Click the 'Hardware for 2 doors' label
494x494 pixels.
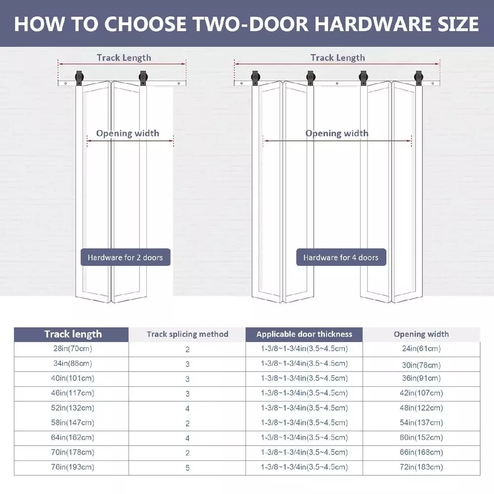pos(125,257)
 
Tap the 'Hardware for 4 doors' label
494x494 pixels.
pos(341,257)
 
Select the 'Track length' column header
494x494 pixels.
pos(73,334)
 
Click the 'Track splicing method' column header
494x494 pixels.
pos(187,334)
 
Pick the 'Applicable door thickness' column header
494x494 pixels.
pos(304,334)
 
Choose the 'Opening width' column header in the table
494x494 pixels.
pos(421,334)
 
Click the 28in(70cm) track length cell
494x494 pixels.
pos(73,348)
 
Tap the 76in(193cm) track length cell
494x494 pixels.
pos(73,467)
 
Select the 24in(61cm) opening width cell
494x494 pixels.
pos(421,348)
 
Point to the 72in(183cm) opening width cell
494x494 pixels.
pos(421,467)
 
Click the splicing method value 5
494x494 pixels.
pos(187,468)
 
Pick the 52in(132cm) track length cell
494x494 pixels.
pos(73,408)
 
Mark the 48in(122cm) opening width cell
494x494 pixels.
pos(421,408)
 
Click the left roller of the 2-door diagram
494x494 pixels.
pos(79,77)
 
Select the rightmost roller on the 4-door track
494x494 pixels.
pos(419,77)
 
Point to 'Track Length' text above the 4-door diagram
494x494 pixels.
pos(338,58)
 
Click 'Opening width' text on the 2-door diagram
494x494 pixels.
pos(127,133)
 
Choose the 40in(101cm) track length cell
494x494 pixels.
pos(73,378)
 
